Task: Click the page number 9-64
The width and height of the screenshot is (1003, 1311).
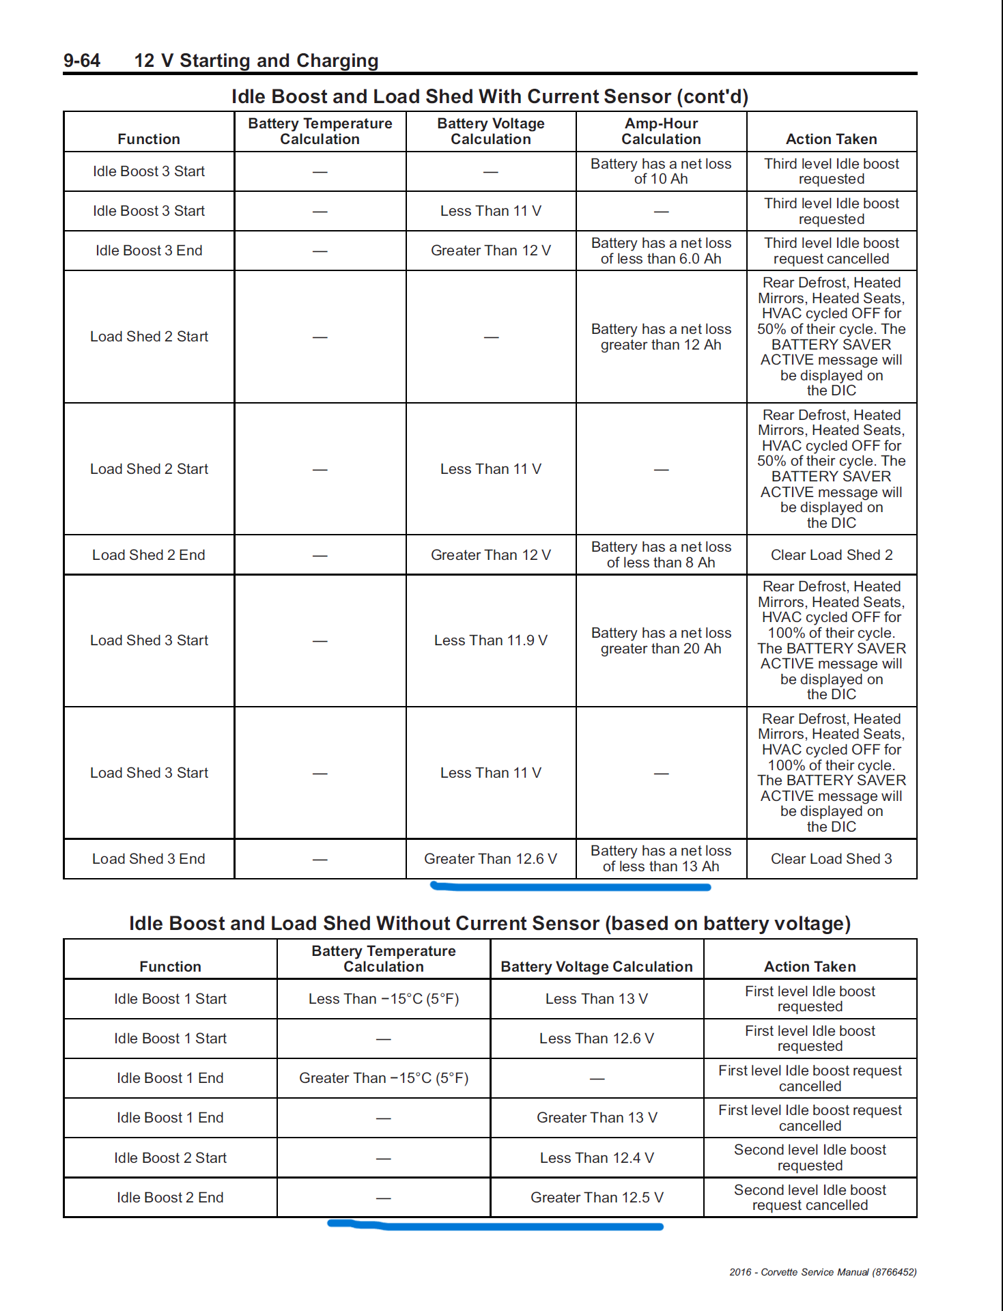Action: coord(82,61)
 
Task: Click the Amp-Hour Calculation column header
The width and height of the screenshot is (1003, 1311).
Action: coord(661,131)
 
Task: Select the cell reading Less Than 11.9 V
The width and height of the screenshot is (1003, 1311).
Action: coord(490,640)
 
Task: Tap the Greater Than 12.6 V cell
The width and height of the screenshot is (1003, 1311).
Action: coord(490,859)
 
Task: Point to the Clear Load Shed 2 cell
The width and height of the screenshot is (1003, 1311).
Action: coord(831,555)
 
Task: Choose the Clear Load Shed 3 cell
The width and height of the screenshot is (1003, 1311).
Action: coord(831,859)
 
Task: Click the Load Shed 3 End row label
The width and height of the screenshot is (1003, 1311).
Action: coord(149,859)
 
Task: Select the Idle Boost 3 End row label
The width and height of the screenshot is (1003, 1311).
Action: coord(149,251)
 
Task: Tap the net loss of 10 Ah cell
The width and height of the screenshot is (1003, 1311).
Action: coord(661,171)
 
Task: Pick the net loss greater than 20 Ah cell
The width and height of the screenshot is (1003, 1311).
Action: coord(661,640)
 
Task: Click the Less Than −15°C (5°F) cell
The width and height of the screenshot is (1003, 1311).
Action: coord(383,999)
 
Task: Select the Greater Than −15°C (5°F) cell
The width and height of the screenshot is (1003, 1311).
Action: coord(383,1078)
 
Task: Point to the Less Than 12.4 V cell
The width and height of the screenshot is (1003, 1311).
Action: coord(596,1158)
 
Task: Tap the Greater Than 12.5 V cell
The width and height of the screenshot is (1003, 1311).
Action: coord(596,1198)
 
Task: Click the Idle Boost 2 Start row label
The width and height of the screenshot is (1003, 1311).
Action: coord(170,1158)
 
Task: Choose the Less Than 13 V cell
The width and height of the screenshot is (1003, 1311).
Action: coord(596,999)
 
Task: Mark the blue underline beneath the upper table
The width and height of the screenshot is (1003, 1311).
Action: coord(570,887)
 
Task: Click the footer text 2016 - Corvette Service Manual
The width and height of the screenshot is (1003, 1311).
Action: coord(822,1272)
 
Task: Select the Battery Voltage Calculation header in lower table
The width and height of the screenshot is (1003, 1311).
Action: coord(596,966)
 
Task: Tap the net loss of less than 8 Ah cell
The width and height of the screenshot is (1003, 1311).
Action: coord(661,555)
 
